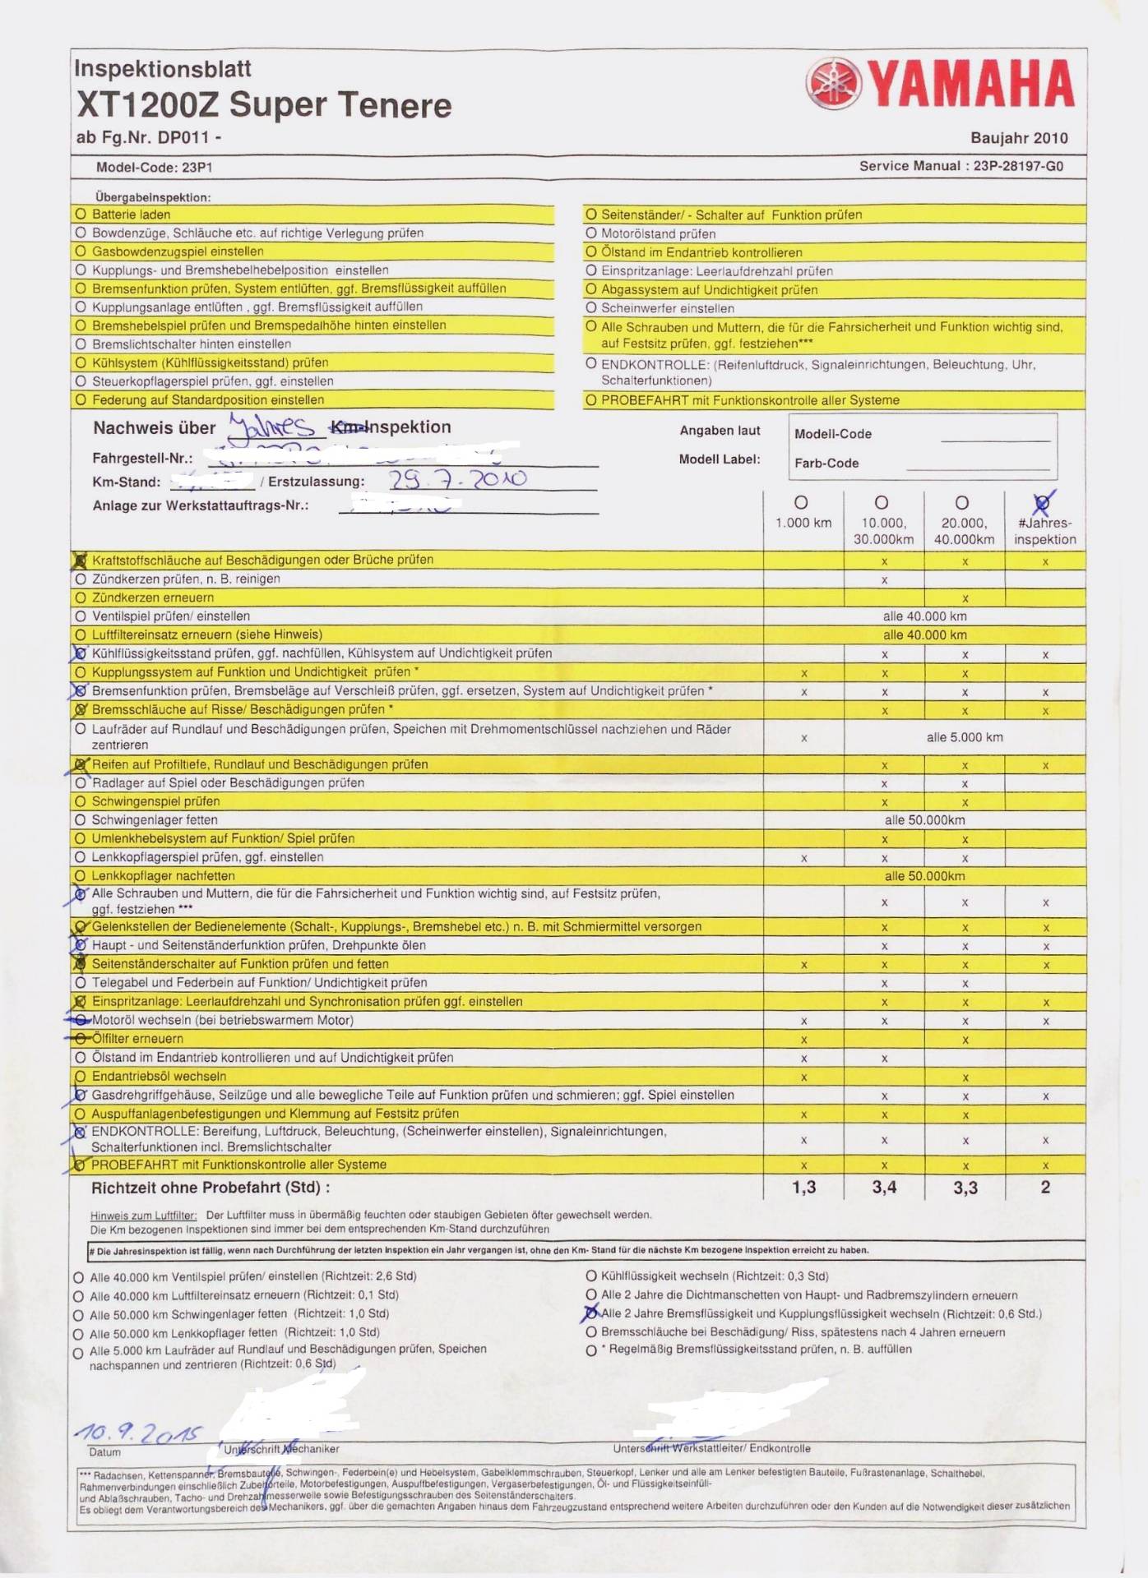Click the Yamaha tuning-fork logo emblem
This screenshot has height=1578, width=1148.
834,84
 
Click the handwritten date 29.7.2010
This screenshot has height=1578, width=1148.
457,479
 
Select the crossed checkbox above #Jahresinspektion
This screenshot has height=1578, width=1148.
1043,502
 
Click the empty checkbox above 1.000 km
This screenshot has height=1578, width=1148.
801,502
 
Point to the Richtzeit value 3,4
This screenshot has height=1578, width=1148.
884,1187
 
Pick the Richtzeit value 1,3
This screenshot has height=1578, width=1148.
803,1187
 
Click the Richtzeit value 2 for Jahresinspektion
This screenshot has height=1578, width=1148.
1045,1187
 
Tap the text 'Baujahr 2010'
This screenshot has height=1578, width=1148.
1019,138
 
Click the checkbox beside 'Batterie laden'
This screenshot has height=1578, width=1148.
81,214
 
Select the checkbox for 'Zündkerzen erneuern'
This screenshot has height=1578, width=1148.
81,598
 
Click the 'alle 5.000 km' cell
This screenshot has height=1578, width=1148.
965,737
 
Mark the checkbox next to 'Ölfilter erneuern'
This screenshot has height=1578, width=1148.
81,1039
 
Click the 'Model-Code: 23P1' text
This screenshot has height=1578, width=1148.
154,167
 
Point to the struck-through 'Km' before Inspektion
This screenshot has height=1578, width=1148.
346,427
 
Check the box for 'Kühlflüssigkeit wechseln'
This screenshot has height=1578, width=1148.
591,1276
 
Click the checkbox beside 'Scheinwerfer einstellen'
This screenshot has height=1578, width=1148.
591,308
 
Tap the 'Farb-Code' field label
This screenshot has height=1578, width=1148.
826,463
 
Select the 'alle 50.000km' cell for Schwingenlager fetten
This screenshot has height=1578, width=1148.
924,819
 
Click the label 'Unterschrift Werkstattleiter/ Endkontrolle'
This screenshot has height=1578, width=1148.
711,1448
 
